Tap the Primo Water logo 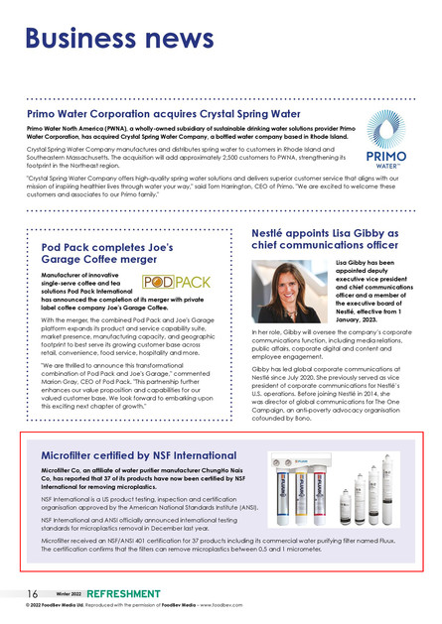tap(384, 140)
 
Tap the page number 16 tap(33, 593)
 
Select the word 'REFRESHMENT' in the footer tap(123, 593)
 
